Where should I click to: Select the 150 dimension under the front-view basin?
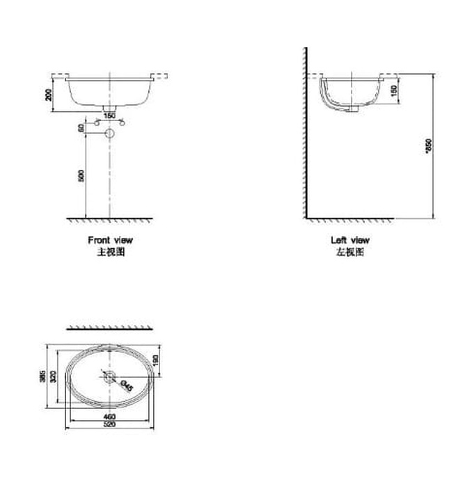tap(109, 115)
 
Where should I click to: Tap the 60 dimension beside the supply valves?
tap(81, 128)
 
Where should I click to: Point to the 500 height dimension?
tap(81, 175)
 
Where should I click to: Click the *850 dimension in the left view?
tap(428, 145)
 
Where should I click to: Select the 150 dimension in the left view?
tap(394, 90)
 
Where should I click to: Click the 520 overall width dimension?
tap(109, 425)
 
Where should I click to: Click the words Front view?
tap(109, 240)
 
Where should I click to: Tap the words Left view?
tap(349, 240)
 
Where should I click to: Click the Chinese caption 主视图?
tap(109, 252)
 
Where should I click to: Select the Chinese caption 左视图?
tap(349, 252)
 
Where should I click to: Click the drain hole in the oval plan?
tap(109, 376)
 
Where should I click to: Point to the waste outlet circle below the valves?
tap(109, 134)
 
